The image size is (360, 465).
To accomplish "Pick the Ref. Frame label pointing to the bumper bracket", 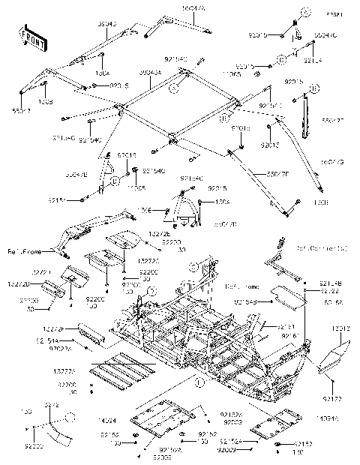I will tap(22, 250).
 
